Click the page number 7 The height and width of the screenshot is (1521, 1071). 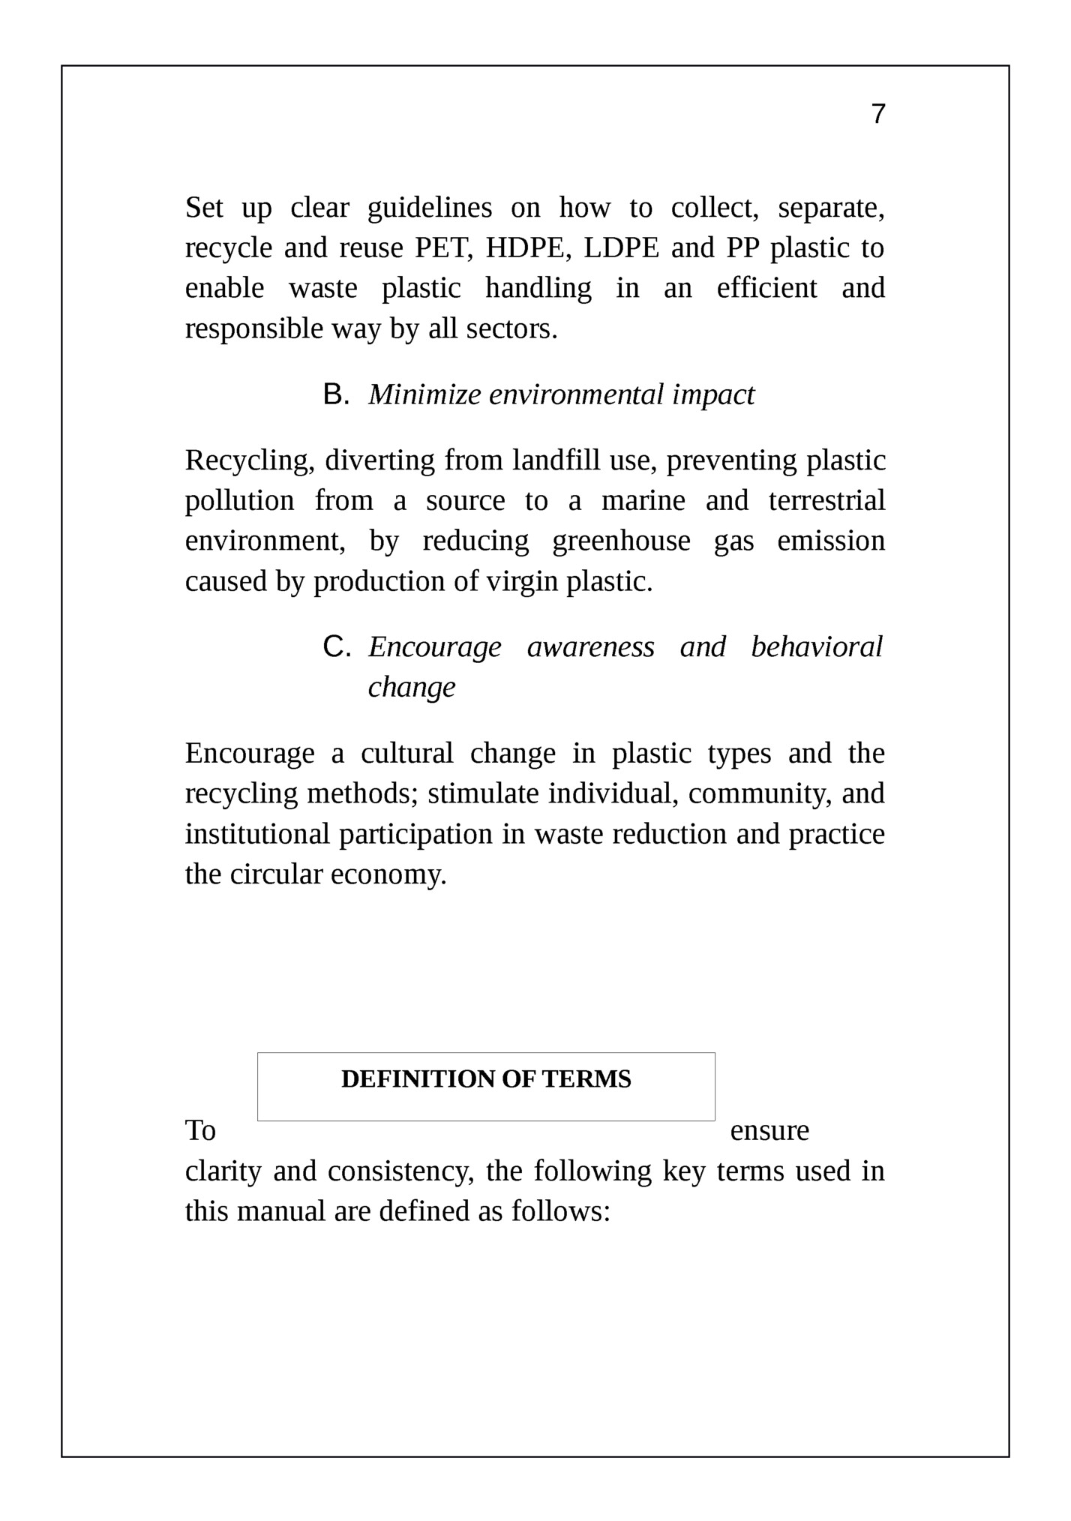point(878,114)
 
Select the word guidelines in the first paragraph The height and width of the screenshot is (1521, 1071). point(430,208)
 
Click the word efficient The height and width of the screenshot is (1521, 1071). point(766,288)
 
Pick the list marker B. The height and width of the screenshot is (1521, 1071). point(335,394)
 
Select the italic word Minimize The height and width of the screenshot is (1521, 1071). point(424,394)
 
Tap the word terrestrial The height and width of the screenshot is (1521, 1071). point(826,501)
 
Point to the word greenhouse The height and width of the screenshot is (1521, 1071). point(621,541)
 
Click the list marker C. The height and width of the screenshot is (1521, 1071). point(336,646)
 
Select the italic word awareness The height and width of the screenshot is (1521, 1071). point(590,646)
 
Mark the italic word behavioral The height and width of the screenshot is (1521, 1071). point(817,646)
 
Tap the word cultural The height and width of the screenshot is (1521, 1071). point(406,753)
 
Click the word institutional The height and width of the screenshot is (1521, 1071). point(257,834)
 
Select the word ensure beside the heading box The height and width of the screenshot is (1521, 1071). point(769,1130)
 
